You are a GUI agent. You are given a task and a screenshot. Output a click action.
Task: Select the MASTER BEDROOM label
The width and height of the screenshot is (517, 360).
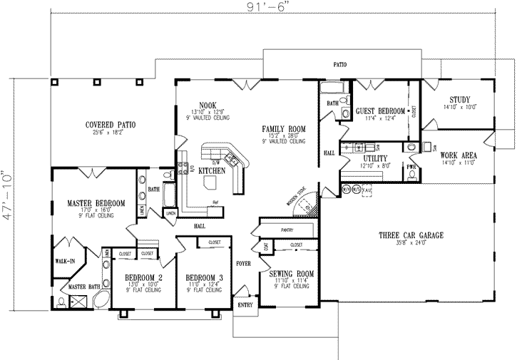point(97,203)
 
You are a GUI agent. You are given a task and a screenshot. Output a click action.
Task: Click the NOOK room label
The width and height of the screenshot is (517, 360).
point(208,106)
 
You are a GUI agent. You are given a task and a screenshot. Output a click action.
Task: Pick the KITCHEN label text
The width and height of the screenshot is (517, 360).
point(212,171)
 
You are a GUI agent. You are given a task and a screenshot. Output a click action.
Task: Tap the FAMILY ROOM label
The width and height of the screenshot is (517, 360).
point(283,128)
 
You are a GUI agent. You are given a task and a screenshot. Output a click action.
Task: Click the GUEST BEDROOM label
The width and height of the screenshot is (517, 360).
point(380,111)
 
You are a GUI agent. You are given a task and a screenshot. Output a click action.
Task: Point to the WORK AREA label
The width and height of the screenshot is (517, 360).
point(459,155)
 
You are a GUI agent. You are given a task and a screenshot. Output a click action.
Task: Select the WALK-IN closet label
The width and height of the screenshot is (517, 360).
point(65,262)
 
